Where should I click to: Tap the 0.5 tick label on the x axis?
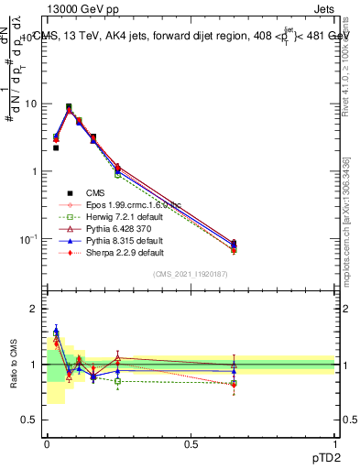pyautogui.click(x=191, y=444)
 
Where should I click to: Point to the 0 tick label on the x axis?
pyautogui.click(x=46, y=444)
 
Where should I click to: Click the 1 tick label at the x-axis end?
pyautogui.click(x=335, y=444)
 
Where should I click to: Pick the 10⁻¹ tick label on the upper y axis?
pyautogui.click(x=29, y=239)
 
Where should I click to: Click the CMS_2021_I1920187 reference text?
pyautogui.click(x=191, y=274)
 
